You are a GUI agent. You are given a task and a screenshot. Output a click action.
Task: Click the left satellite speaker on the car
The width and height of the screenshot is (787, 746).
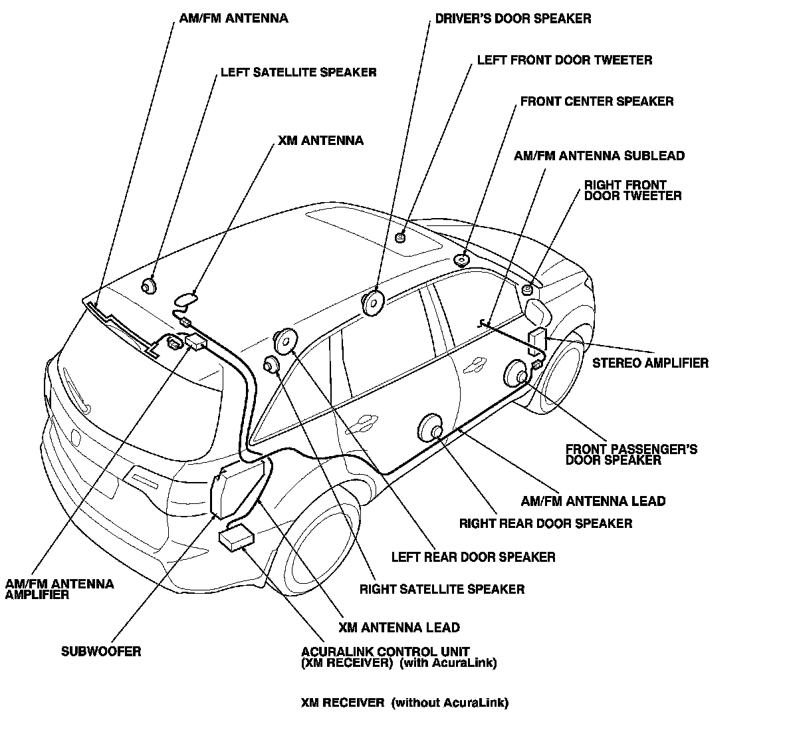click(x=149, y=286)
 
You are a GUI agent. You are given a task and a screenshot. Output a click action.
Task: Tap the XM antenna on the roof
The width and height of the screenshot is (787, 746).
click(x=185, y=299)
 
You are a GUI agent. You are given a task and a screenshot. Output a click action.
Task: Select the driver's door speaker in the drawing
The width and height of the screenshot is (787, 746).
click(x=373, y=303)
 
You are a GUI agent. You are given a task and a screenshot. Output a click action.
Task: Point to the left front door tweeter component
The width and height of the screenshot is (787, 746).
click(x=401, y=237)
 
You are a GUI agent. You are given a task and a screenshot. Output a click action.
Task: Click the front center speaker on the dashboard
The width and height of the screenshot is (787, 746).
click(x=461, y=260)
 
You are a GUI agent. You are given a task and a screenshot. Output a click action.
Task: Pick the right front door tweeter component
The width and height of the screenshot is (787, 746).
click(x=527, y=290)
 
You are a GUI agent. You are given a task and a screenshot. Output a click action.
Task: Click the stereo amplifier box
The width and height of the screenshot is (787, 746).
click(x=538, y=339)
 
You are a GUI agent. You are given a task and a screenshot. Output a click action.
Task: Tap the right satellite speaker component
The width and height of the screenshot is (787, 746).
click(x=272, y=364)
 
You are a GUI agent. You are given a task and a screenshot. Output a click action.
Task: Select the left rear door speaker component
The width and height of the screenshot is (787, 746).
click(x=284, y=341)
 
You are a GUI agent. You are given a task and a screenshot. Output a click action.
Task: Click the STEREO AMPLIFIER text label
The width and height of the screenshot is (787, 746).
click(x=650, y=363)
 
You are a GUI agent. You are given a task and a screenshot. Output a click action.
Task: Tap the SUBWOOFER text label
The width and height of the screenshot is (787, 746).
click(x=102, y=652)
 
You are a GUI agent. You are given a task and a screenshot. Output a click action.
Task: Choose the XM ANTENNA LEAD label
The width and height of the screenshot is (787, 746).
click(x=399, y=628)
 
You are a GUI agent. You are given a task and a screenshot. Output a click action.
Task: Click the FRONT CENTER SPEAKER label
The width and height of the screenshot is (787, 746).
click(x=597, y=102)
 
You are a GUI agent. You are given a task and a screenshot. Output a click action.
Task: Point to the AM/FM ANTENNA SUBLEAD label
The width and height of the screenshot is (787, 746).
click(x=600, y=156)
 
